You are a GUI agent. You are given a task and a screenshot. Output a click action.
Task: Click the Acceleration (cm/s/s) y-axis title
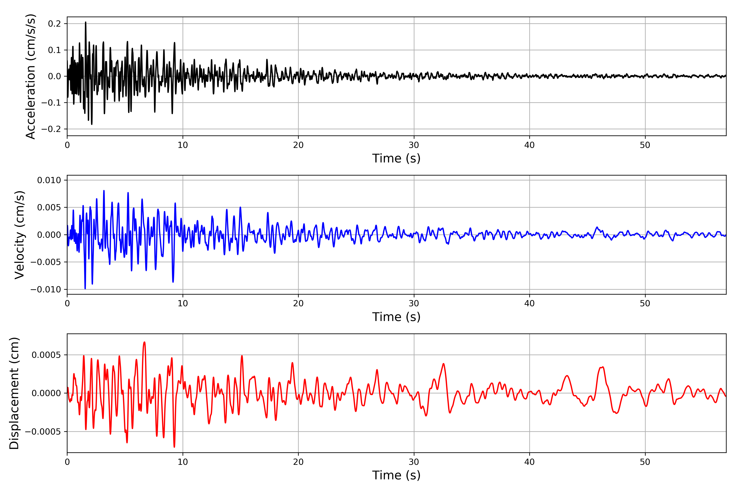[31, 76]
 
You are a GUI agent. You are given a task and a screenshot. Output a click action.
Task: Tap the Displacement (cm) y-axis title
[14, 393]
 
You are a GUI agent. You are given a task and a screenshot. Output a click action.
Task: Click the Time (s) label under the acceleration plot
[396, 158]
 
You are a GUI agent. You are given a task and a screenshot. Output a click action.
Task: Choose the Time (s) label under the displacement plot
[396, 475]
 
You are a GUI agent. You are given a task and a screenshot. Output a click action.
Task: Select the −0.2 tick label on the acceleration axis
[51, 129]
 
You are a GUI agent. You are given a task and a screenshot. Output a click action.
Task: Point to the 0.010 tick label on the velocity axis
[49, 180]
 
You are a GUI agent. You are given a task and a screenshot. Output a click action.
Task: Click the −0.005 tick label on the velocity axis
[46, 262]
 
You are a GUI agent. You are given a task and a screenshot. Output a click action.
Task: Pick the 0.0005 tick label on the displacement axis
[46, 355]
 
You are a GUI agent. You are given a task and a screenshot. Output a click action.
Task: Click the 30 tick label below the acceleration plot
[414, 145]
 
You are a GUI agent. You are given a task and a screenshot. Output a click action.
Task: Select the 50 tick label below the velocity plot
[645, 303]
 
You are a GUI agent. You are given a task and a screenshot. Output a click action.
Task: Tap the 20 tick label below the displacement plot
[298, 462]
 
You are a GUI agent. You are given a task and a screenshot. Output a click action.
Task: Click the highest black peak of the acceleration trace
[85, 22]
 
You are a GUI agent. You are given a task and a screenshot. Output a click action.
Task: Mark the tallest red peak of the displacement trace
[144, 342]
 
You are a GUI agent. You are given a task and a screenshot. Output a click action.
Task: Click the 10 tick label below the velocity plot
[183, 303]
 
